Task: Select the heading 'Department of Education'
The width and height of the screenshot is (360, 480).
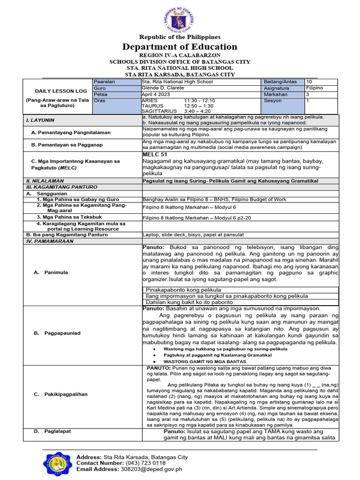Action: pyautogui.click(x=180, y=46)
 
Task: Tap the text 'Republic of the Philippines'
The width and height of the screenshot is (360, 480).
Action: pyautogui.click(x=180, y=37)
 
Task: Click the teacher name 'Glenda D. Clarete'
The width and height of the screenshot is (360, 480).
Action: pyautogui.click(x=164, y=88)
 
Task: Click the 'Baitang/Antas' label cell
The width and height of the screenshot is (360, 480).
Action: pyautogui.click(x=280, y=82)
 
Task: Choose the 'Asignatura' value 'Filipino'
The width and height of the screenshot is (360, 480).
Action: pyautogui.click(x=314, y=88)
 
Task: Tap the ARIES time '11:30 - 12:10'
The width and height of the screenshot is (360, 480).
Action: pyautogui.click(x=200, y=100)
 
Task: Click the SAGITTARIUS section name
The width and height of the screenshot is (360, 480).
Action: pyautogui.click(x=158, y=111)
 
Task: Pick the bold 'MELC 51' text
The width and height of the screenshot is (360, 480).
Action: pyautogui.click(x=155, y=154)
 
